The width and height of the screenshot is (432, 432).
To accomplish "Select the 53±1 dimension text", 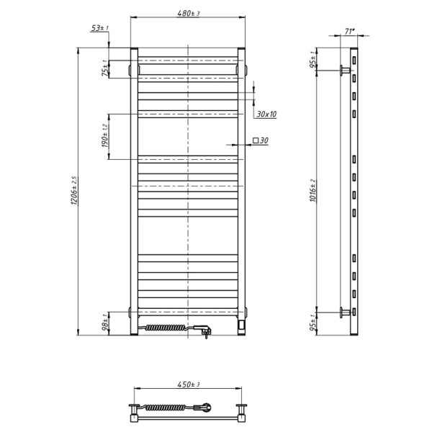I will coord(99,28).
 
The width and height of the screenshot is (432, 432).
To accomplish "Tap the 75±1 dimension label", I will coord(105,68).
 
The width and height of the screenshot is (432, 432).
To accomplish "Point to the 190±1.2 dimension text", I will coord(105,136).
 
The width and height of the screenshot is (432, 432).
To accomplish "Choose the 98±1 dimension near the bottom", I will coord(105,323).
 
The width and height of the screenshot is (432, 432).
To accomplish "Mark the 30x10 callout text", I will coord(266,114).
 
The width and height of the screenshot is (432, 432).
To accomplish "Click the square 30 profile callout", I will coord(260,141).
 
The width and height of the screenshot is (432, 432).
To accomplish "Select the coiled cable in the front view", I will coord(168,328).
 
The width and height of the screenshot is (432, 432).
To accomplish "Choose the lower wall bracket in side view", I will coord(345,312).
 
